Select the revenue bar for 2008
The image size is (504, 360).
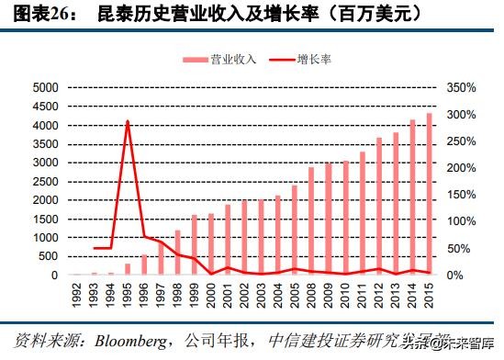coord(311,221)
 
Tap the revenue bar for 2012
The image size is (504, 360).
coord(378,207)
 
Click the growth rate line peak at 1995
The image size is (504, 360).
coord(128,121)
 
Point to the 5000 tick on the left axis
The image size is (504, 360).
coord(45,87)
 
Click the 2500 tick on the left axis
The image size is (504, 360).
coord(45,181)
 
